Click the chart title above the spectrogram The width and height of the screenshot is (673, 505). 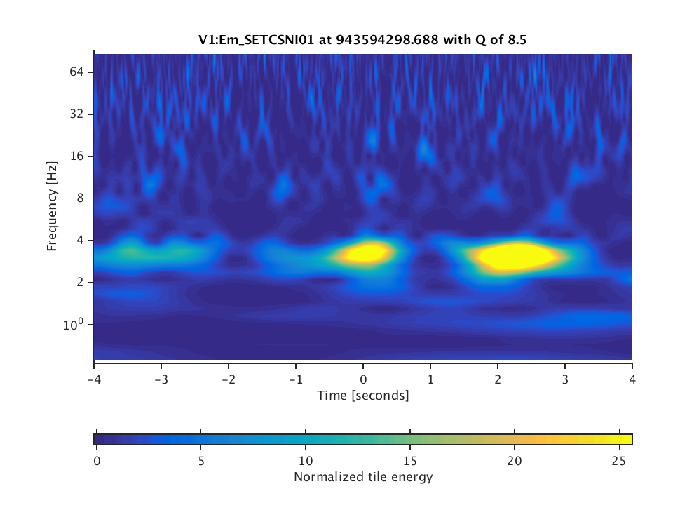tap(362, 41)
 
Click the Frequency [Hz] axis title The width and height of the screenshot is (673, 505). tap(52, 207)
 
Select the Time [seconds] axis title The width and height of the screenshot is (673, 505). tap(362, 396)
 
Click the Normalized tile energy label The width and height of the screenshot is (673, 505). tap(362, 478)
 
